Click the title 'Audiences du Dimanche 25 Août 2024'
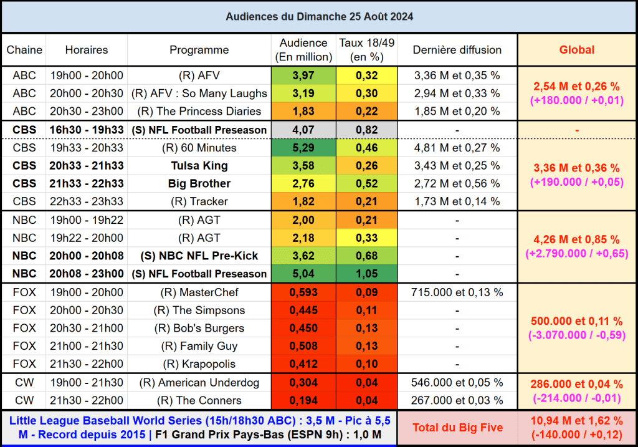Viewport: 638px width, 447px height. [x=319, y=16]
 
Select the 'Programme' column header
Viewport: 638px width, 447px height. [x=199, y=50]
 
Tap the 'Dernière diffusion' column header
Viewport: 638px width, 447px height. [x=457, y=50]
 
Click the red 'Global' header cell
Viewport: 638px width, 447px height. [x=576, y=50]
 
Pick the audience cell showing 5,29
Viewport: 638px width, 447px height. [x=303, y=148]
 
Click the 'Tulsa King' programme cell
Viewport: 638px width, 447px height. [x=199, y=166]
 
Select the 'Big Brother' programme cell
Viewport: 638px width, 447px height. [x=199, y=183]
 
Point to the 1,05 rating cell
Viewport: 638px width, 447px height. [x=367, y=274]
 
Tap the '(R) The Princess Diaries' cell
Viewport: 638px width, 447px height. [x=199, y=111]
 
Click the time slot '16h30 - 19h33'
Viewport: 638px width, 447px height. [x=87, y=130]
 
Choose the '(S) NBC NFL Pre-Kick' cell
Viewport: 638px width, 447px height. [x=199, y=256]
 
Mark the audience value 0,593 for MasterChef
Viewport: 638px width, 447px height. [x=303, y=292]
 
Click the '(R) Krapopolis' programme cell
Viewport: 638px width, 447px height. [x=199, y=363]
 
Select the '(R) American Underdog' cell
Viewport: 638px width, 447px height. [x=199, y=383]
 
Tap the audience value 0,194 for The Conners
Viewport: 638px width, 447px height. [x=303, y=400]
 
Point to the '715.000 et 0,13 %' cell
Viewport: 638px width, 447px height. [x=457, y=292]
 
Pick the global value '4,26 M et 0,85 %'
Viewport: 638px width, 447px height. [x=576, y=239]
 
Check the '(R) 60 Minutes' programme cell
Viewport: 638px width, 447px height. [x=199, y=148]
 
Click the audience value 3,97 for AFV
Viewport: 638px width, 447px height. [x=303, y=75]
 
